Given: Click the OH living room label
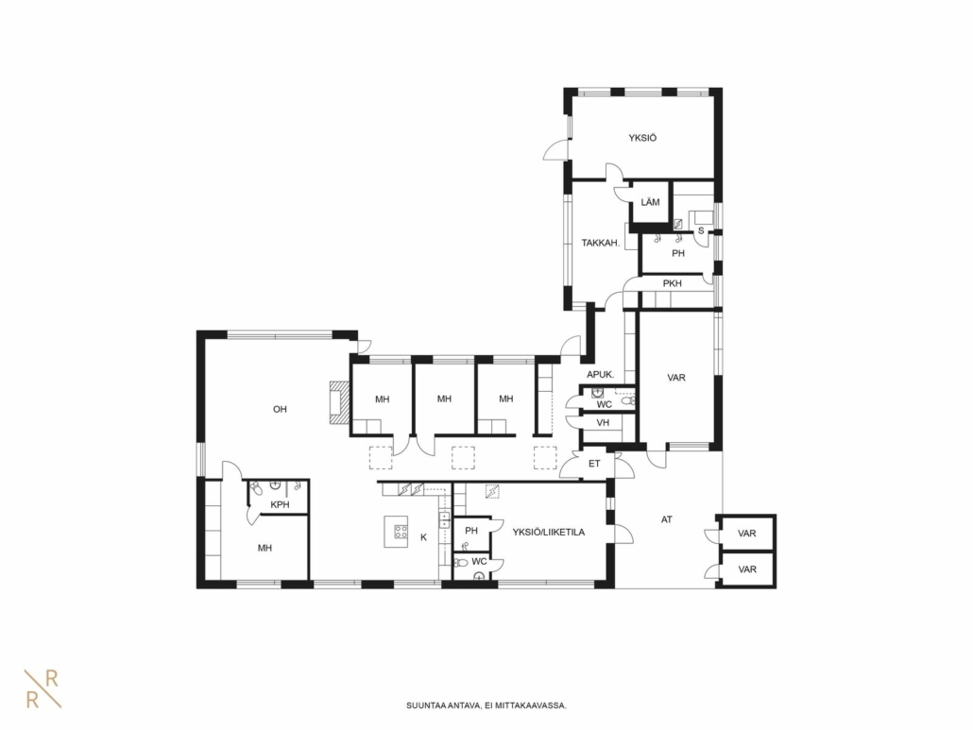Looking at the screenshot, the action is click(x=280, y=409).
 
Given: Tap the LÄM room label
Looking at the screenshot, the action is click(x=650, y=202).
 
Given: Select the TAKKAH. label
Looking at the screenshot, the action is click(x=601, y=243).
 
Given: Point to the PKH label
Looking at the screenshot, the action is click(x=672, y=283).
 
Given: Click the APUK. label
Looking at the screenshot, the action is click(x=601, y=375).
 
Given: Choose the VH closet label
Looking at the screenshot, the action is click(x=603, y=423).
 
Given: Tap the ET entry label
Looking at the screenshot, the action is click(x=594, y=464).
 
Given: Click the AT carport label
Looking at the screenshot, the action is click(x=666, y=519).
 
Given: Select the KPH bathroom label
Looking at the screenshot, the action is click(x=280, y=505).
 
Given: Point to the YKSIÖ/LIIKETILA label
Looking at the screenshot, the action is click(x=549, y=532).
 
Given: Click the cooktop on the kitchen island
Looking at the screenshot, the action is click(x=401, y=531).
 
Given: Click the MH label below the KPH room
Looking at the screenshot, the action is click(x=265, y=549).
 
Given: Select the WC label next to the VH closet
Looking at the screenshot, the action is click(x=605, y=405).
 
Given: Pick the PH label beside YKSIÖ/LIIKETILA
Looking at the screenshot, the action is click(x=471, y=531).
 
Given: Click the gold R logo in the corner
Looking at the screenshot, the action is click(x=43, y=688).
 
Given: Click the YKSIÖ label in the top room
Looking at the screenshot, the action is click(x=642, y=138).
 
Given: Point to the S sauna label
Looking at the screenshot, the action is click(x=701, y=230).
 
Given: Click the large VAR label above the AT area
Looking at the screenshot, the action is click(x=676, y=378).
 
